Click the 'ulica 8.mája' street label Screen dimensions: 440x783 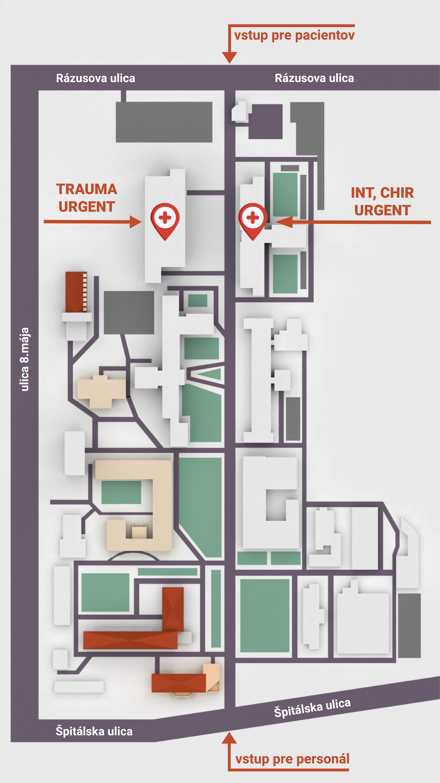[24, 359]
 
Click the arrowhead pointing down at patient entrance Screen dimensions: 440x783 [230, 57]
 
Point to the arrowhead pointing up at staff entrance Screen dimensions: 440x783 [229, 738]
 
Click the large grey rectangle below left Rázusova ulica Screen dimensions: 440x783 [164, 122]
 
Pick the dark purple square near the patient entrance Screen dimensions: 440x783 [265, 122]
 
